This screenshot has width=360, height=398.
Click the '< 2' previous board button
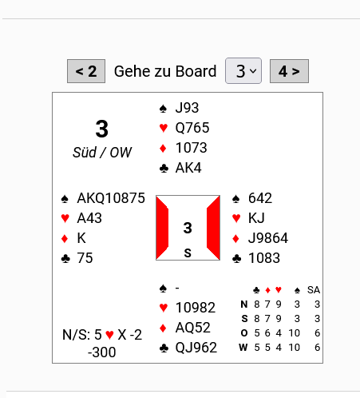click(x=86, y=71)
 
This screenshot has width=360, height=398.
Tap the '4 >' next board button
click(x=289, y=71)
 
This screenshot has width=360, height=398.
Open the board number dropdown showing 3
click(x=243, y=71)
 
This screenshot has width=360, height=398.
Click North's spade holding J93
click(x=187, y=108)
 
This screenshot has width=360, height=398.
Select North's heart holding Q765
click(x=192, y=128)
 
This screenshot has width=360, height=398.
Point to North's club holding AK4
click(x=188, y=168)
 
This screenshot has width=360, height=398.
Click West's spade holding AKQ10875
click(x=111, y=198)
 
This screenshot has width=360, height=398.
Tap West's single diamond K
click(x=81, y=238)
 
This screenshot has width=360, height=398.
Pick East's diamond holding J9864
click(x=268, y=238)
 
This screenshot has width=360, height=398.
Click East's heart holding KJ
click(x=256, y=218)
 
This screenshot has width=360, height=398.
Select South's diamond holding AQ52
click(x=193, y=328)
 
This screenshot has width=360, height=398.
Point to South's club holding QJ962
click(x=196, y=348)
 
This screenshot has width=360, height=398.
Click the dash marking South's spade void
click(x=177, y=288)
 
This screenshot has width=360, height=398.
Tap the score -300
click(x=102, y=352)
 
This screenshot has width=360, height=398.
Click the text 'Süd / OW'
click(x=102, y=153)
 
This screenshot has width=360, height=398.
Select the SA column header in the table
click(x=314, y=290)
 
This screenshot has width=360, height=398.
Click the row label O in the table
click(x=244, y=333)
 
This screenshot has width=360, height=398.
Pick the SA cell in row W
click(x=317, y=348)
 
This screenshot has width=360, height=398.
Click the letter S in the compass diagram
click(x=188, y=253)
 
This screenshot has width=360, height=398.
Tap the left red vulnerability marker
click(x=162, y=228)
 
